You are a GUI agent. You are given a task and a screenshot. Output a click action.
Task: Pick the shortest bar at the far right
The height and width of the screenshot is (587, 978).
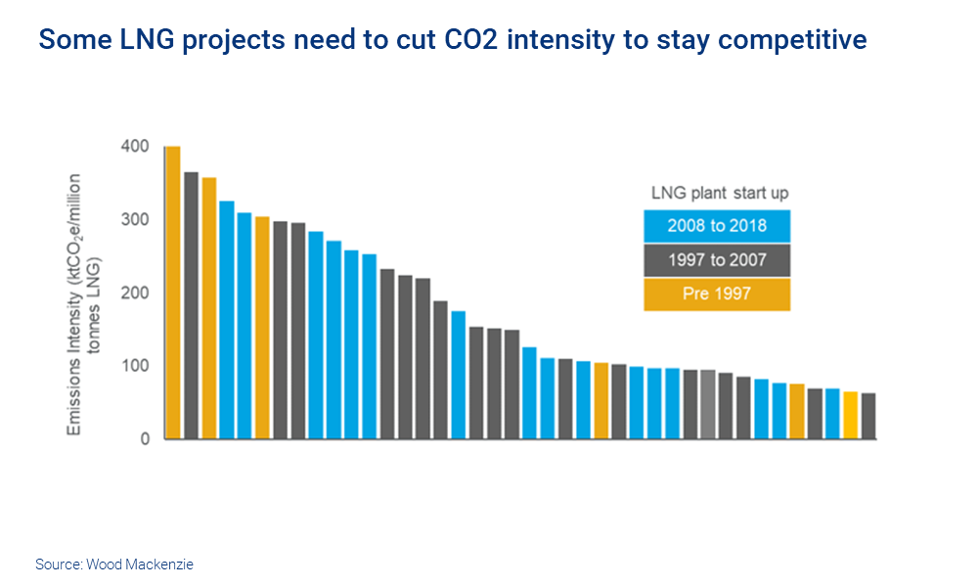[x=868, y=416]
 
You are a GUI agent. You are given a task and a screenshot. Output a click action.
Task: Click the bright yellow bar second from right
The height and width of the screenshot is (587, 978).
[x=851, y=415]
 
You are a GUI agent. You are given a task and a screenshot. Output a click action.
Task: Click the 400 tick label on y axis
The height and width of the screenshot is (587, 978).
[x=136, y=147]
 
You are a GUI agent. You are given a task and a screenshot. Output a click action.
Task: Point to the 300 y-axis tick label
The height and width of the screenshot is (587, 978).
[x=136, y=220]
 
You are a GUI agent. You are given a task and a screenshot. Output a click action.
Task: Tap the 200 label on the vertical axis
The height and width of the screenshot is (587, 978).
[x=136, y=293]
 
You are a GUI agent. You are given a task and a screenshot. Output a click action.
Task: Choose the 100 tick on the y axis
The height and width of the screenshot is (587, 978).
[x=136, y=366]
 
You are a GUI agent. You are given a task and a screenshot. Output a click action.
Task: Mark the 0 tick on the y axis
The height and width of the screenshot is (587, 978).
[x=144, y=439]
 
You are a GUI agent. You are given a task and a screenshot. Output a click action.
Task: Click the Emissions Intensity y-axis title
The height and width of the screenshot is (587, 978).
[x=82, y=304]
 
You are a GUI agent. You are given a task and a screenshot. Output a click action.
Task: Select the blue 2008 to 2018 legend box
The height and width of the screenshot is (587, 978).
[x=717, y=226]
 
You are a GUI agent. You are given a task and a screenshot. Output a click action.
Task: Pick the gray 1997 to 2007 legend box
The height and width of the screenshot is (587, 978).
[x=717, y=260]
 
